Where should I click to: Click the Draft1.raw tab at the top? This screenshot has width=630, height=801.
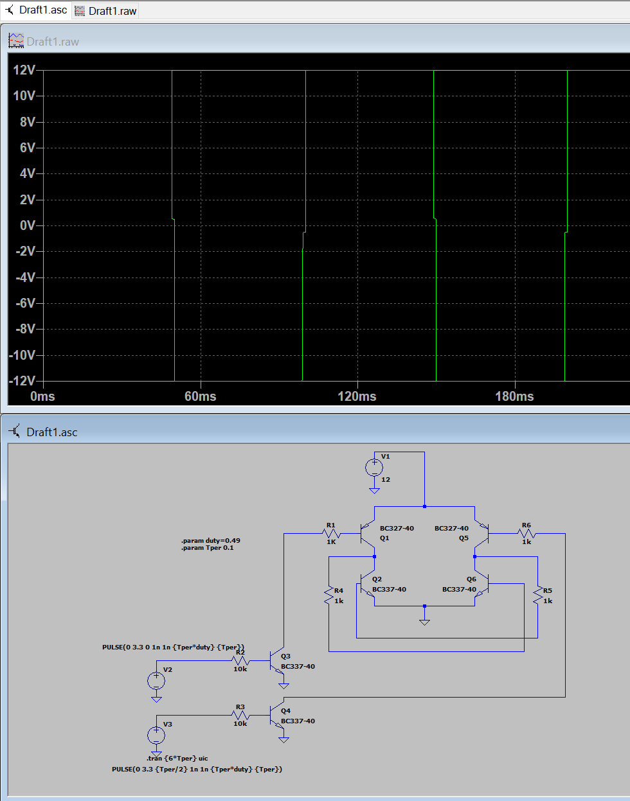105,11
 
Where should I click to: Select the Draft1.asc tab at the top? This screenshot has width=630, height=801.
37,10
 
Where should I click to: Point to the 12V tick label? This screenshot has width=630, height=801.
24,69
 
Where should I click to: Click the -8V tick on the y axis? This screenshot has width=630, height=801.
26,329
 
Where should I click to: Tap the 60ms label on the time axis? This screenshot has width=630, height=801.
201,396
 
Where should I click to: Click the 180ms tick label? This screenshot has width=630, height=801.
514,396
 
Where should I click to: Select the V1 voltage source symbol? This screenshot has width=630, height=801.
374,468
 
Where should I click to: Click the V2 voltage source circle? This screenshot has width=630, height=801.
156,681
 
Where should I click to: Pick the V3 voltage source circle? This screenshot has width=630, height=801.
156,735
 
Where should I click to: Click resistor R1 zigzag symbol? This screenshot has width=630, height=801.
331,533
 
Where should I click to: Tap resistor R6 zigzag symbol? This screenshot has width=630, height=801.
526,533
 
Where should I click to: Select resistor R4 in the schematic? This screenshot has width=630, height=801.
328,596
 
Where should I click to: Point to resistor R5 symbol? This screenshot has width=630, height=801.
538,596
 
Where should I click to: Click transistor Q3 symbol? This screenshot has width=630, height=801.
276,660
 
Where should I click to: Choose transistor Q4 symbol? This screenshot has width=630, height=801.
276,715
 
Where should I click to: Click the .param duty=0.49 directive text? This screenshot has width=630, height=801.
211,540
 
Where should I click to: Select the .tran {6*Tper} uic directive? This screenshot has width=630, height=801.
177,758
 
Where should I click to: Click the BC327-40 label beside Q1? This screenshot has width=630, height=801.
397,528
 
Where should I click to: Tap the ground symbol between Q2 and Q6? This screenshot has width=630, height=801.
424,622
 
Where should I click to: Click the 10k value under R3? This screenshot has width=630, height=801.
240,723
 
